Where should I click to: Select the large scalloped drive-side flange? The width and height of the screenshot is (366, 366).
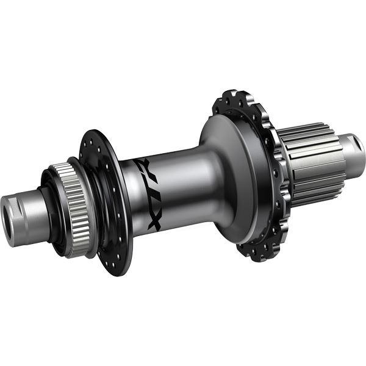(256, 177)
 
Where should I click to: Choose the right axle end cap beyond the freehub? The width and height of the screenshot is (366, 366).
(354, 149)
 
